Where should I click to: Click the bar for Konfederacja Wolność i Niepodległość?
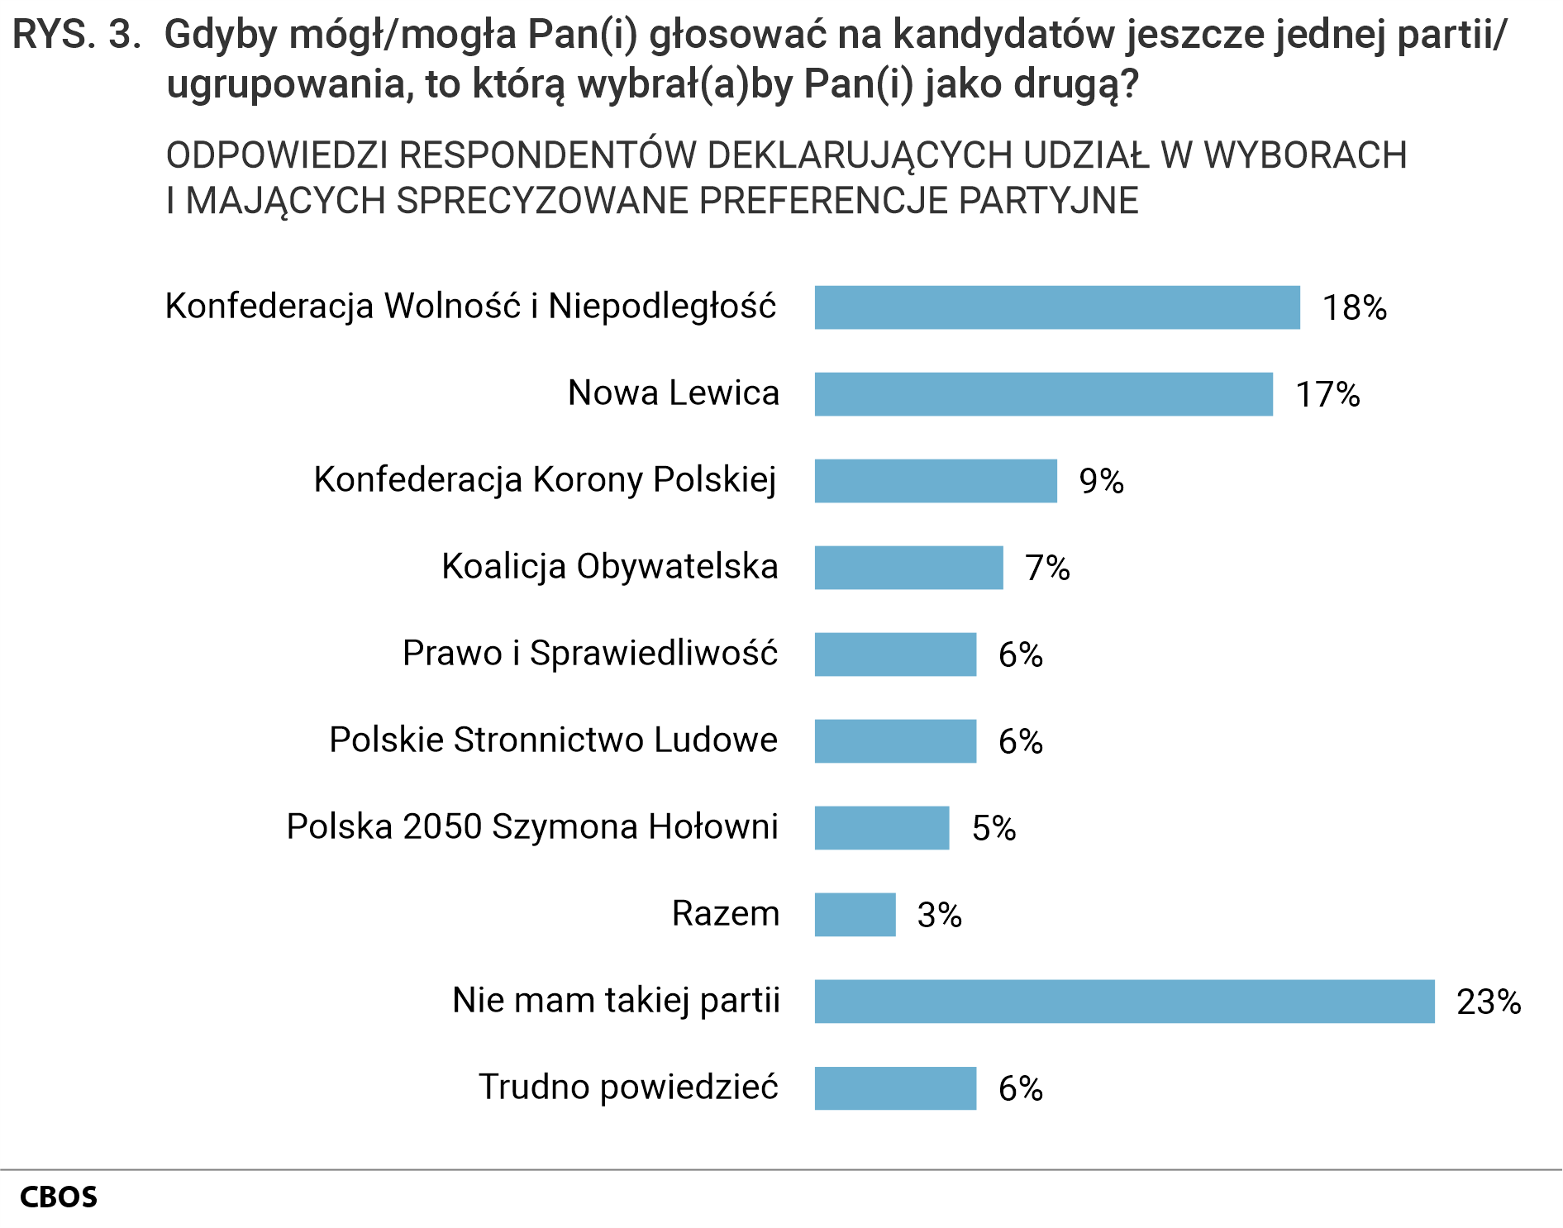[1056, 307]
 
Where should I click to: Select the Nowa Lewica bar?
[1043, 394]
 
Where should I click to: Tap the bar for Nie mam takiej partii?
[1124, 1002]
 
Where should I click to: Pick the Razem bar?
[855, 915]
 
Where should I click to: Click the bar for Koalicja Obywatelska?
[908, 568]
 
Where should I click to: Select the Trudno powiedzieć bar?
[895, 1088]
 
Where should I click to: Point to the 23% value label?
[1488, 1002]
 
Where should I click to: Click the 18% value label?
[1354, 307]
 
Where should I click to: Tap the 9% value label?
[1101, 481]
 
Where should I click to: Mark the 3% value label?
[939, 915]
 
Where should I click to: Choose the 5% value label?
[994, 828]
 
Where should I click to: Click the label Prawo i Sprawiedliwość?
[589, 654]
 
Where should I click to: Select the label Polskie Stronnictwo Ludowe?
[553, 740]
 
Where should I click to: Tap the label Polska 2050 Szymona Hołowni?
[532, 827]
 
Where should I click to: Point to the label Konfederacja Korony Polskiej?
[545, 480]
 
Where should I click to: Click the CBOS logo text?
[58, 1197]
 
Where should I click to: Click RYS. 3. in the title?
[77, 35]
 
